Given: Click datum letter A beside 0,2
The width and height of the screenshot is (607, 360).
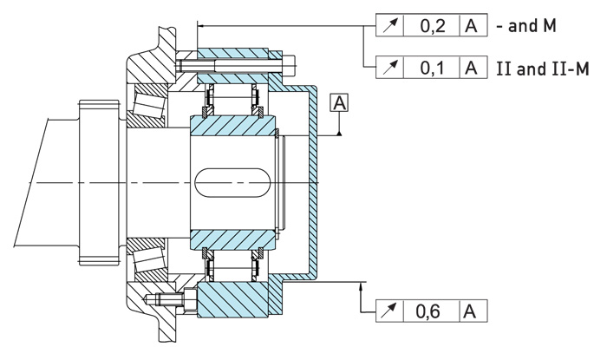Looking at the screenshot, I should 473,27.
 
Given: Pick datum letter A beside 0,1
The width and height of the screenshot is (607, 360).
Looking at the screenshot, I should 473,67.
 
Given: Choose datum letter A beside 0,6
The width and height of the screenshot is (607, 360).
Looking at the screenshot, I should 473,311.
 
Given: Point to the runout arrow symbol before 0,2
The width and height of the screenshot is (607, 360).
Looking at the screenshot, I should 392,27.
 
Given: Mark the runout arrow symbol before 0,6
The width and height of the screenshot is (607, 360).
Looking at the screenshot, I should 392,311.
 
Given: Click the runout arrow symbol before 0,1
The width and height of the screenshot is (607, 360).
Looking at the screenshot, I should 392,67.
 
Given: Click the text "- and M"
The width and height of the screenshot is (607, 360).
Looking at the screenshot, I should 525,27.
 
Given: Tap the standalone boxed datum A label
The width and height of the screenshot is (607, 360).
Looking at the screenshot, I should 339,104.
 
